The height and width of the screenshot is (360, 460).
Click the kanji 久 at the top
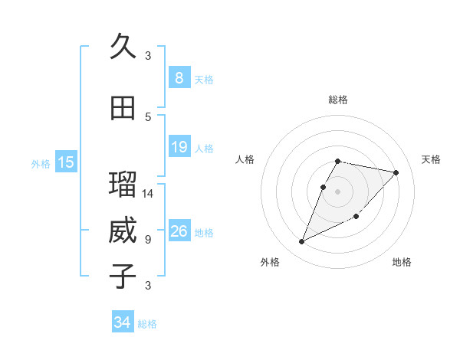pos(123,47)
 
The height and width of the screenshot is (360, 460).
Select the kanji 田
pos(123,108)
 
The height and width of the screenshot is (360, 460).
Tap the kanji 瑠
pos(123,185)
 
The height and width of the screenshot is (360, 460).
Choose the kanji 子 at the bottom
pos(123,277)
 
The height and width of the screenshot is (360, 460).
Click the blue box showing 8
pos(179,78)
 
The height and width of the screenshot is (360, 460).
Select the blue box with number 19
pos(179,147)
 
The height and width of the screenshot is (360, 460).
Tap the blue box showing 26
pos(179,231)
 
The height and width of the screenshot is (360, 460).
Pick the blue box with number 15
pos(66,162)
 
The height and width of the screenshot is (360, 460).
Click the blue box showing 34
pos(122,322)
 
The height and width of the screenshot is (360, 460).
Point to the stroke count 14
pos(148,194)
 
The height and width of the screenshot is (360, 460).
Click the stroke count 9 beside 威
pos(148,240)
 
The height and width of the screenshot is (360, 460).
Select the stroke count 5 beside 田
pos(148,117)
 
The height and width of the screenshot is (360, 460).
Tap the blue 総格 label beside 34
pos(147,324)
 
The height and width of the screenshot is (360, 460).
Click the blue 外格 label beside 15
pos(41,163)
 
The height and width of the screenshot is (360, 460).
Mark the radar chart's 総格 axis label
pos(338,100)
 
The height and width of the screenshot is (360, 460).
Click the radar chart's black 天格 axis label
pos(431,159)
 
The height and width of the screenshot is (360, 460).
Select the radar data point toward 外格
pos(301,242)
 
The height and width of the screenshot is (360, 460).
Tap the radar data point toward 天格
pos(396,173)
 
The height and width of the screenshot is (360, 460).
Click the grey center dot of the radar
pos(338,191)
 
